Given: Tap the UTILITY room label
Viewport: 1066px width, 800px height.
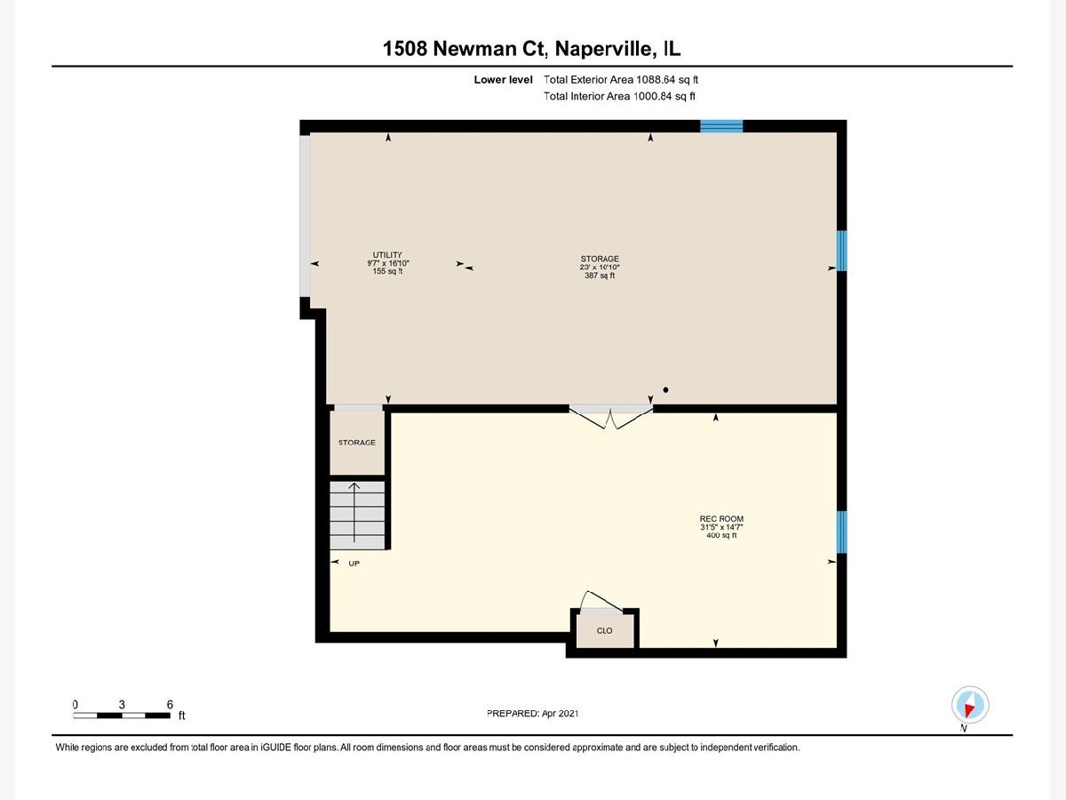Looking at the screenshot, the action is click(x=387, y=254).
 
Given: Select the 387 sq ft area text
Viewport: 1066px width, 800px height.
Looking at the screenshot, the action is click(x=600, y=276).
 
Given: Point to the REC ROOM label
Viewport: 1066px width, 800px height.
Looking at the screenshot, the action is click(x=721, y=518).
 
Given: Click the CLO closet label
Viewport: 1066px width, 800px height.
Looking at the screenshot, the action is click(x=604, y=630).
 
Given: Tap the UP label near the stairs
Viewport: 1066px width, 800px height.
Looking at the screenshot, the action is click(x=354, y=564).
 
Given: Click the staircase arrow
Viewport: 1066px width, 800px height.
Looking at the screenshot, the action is click(x=354, y=513).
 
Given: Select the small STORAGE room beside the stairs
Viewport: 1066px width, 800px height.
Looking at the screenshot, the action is click(x=357, y=443).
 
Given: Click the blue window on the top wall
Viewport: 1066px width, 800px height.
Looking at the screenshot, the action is click(x=721, y=126).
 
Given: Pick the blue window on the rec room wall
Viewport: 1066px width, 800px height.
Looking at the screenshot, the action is click(x=841, y=532).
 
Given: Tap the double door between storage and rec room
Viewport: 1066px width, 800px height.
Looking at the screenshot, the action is click(x=610, y=417).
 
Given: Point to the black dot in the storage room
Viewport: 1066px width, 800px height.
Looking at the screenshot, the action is click(x=665, y=389).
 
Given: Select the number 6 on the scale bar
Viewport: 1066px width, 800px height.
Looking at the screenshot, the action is click(x=170, y=704).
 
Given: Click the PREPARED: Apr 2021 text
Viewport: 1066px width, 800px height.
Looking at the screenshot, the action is click(x=532, y=713).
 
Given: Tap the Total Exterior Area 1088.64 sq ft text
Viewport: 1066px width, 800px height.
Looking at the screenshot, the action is click(x=621, y=80).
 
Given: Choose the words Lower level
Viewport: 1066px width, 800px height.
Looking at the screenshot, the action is click(x=503, y=80).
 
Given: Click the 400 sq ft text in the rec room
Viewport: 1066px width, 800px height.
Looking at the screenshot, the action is click(x=721, y=535).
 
